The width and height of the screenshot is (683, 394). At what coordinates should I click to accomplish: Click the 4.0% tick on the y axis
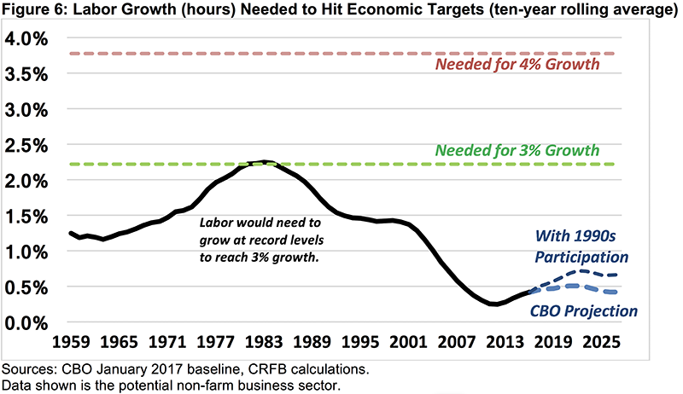click(30, 39)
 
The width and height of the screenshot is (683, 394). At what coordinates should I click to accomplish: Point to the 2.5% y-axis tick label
click(30, 146)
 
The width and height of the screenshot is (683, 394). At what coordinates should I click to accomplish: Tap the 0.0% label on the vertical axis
click(30, 323)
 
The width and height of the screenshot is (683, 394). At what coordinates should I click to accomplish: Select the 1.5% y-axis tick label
click(30, 217)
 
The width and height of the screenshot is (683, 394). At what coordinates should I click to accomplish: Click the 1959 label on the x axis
click(69, 345)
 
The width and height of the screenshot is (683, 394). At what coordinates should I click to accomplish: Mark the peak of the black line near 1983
click(265, 161)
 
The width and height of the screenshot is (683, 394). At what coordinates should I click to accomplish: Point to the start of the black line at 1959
click(69, 233)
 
